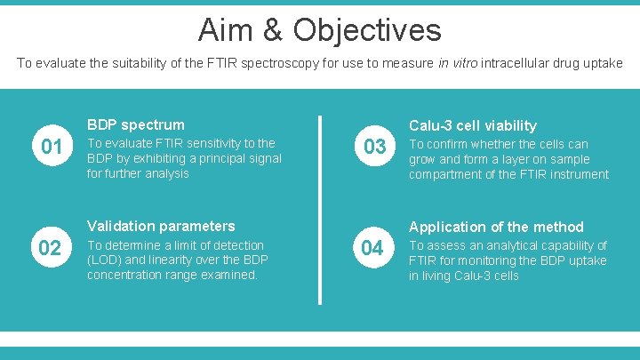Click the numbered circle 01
click(52, 147)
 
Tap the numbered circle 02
click(52, 248)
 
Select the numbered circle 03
click(374, 147)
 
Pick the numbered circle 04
click(374, 248)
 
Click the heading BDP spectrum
click(135, 124)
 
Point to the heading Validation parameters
click(161, 226)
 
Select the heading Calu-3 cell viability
click(472, 125)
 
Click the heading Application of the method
click(496, 227)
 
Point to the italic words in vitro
click(452, 63)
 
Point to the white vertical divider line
click(320, 209)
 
